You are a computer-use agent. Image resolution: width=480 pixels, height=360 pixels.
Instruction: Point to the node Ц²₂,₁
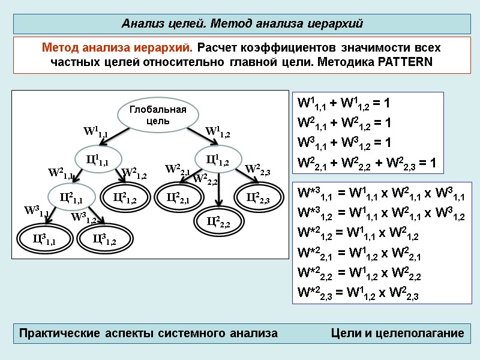(x=178, y=196)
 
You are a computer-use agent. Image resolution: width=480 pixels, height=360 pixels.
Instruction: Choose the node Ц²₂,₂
(x=218, y=222)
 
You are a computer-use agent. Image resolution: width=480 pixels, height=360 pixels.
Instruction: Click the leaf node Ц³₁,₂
(x=103, y=239)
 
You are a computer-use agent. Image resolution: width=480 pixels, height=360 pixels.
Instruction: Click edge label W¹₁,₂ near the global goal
(x=218, y=131)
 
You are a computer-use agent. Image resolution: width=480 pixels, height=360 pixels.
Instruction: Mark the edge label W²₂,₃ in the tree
(x=258, y=170)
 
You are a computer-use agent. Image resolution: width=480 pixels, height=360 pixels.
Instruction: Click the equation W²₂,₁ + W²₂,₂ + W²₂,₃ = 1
(x=367, y=163)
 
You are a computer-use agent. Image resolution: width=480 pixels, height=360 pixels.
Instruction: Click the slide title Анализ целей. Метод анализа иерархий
(x=242, y=23)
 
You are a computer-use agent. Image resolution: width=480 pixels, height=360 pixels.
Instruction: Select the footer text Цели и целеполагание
(x=398, y=333)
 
